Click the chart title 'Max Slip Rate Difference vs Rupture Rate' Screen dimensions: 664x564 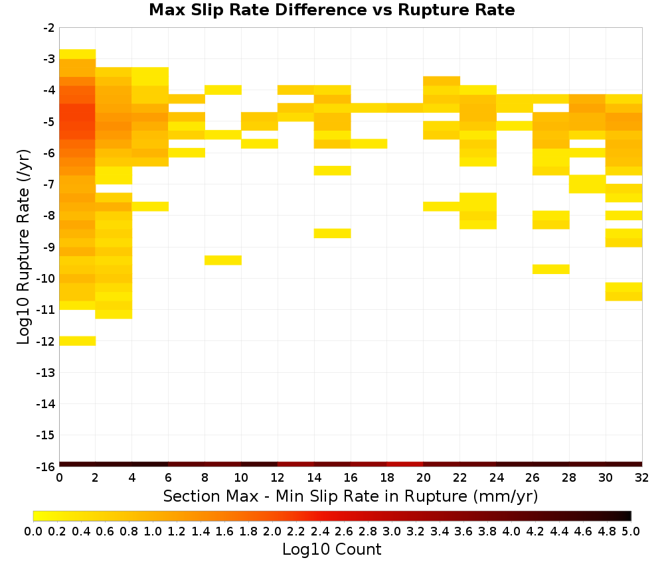click(x=331, y=10)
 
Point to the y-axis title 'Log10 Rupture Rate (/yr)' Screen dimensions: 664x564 click(x=23, y=247)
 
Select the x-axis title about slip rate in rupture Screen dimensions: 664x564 click(x=350, y=496)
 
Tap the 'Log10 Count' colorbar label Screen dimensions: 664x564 click(x=331, y=549)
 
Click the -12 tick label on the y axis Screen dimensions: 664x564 click(x=45, y=341)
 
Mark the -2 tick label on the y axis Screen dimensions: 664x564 click(x=49, y=28)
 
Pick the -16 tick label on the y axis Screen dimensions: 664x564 click(x=45, y=466)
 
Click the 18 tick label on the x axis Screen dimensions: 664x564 click(x=386, y=478)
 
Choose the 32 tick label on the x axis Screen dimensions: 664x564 click(x=641, y=478)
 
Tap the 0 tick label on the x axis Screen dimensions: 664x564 click(x=59, y=478)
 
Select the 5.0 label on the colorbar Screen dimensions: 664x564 click(x=631, y=531)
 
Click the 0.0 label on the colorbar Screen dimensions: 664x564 click(x=33, y=531)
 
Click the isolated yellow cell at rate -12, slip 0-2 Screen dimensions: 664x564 click(x=78, y=340)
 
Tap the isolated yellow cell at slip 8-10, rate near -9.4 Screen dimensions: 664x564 click(x=223, y=260)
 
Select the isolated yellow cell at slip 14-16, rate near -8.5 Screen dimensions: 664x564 click(x=333, y=233)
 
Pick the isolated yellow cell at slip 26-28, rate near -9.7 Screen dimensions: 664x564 click(x=551, y=269)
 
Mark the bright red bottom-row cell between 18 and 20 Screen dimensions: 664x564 click(x=405, y=464)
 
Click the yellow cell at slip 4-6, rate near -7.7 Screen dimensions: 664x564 click(x=150, y=206)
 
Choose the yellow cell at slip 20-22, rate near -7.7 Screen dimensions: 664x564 click(x=442, y=206)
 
